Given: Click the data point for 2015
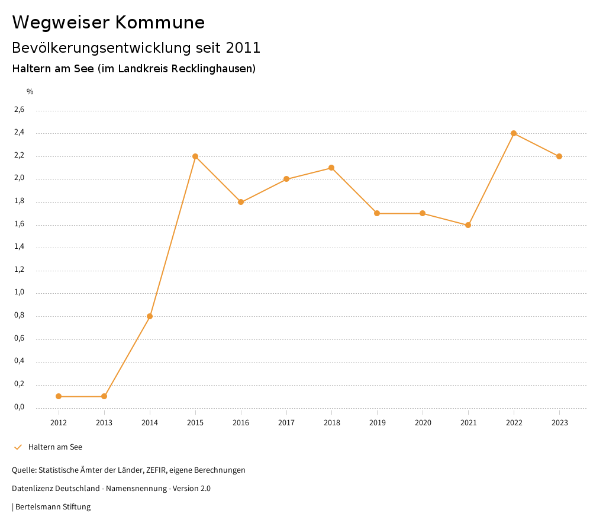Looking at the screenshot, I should click(195, 156).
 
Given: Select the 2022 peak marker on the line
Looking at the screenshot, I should click(514, 133).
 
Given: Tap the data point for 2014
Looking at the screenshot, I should click(150, 316).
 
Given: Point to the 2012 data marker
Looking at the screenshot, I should click(59, 396).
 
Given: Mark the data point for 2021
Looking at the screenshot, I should click(468, 225).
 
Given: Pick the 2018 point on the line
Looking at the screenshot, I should click(331, 168).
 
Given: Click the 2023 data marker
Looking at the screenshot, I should click(559, 156).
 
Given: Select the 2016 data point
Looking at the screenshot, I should click(241, 202).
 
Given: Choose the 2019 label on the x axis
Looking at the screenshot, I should click(377, 423).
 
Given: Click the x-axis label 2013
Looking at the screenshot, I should click(104, 423).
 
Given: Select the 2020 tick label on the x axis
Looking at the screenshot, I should click(423, 423).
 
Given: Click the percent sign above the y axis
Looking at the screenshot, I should click(30, 92).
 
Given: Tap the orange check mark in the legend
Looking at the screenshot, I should click(18, 447).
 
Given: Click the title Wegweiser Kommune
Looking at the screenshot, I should click(108, 23).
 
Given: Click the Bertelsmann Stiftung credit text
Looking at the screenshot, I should click(53, 507).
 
